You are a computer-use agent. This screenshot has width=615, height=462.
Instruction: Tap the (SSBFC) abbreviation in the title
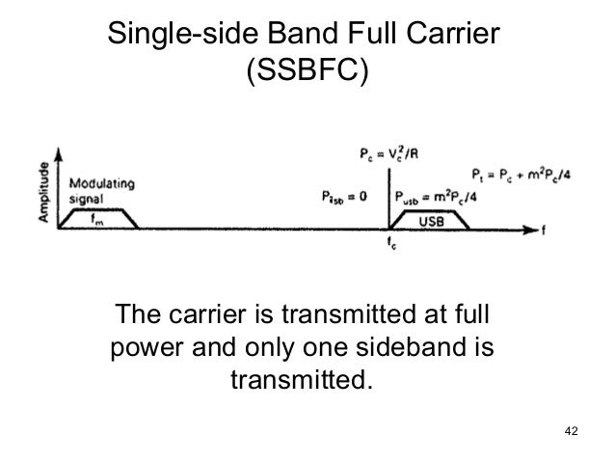click(307, 72)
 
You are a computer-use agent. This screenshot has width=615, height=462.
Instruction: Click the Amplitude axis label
click(46, 192)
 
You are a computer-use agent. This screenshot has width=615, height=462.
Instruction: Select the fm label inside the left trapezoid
click(99, 219)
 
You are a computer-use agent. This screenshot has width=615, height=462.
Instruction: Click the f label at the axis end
click(545, 231)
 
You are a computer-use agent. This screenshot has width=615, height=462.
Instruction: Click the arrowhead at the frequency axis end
click(529, 230)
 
